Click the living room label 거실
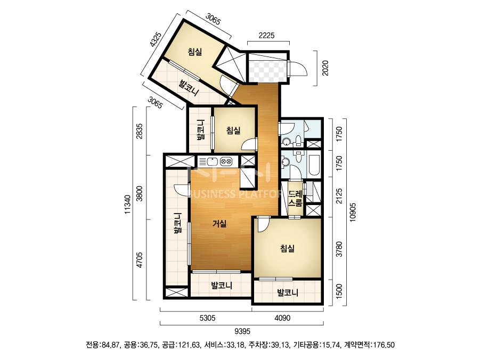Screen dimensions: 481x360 [219, 224]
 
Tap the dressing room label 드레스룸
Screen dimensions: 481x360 [296, 198]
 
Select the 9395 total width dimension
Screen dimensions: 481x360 [242, 331]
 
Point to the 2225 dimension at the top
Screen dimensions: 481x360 [266, 36]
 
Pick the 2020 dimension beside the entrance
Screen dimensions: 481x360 [325, 68]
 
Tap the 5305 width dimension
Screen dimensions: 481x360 [207, 318]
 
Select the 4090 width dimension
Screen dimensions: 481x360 [282, 318]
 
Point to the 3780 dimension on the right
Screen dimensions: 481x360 [339, 249]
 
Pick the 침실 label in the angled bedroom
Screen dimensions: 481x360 [195, 52]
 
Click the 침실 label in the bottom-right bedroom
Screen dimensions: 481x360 [288, 248]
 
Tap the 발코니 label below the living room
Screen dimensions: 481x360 [222, 286]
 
